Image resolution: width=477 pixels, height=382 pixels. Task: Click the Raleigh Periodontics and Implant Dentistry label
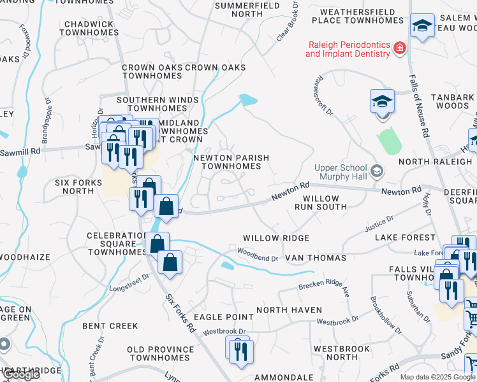point(348,50)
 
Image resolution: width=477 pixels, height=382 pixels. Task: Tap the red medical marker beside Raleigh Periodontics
point(400,48)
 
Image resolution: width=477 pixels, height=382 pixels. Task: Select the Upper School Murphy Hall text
point(341,172)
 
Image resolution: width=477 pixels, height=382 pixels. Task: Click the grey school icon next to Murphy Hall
point(378,170)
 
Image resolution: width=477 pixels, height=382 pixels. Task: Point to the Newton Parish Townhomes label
point(231,162)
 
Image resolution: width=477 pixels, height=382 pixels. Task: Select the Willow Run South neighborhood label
point(320,202)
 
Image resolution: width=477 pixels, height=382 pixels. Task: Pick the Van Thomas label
point(315,258)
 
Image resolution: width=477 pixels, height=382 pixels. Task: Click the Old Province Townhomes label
point(160,353)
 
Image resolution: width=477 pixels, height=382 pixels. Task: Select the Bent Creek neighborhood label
point(110,326)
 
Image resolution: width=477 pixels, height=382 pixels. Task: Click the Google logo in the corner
point(21,374)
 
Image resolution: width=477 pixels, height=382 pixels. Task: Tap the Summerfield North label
point(238,9)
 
